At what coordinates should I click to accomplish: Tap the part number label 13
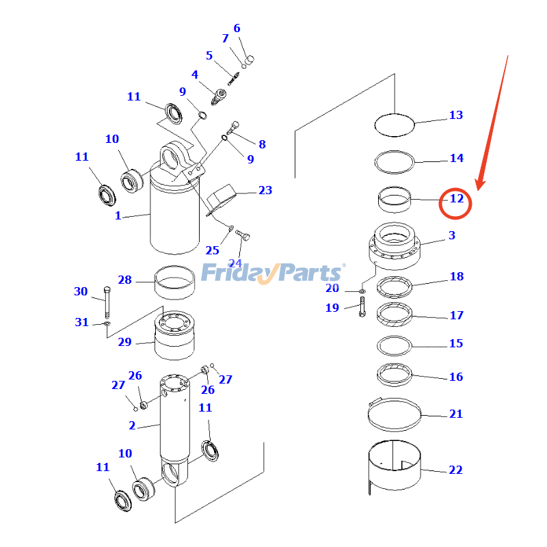(x=456, y=115)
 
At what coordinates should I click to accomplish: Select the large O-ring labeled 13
(x=395, y=124)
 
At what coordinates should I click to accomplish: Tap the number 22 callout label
(x=455, y=470)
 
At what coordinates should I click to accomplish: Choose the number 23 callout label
(x=265, y=190)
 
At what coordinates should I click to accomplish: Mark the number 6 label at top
(x=237, y=29)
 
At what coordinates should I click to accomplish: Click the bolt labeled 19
(x=362, y=307)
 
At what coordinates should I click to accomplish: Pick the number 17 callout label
(x=456, y=315)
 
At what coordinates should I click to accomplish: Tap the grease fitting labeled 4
(x=219, y=95)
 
